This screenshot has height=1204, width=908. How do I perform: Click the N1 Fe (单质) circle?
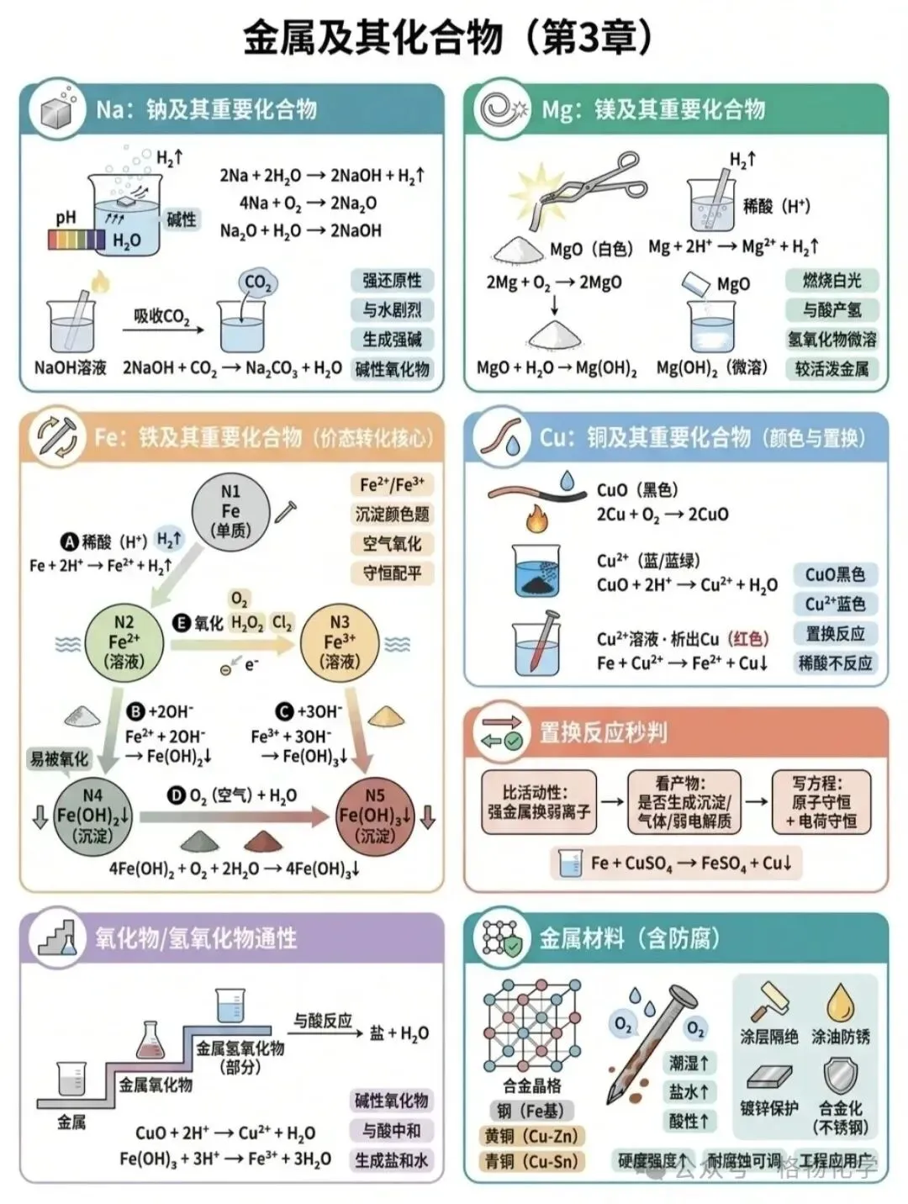[x=230, y=511]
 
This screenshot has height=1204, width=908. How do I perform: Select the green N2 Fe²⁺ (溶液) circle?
[x=124, y=642]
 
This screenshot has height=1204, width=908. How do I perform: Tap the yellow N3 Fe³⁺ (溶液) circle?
[x=339, y=642]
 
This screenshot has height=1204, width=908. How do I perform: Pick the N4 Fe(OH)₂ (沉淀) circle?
[x=92, y=815]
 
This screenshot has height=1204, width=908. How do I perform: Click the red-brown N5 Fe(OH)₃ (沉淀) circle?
[x=375, y=815]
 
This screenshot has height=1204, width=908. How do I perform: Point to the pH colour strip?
[x=77, y=240]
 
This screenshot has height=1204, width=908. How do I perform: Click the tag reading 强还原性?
[x=392, y=280]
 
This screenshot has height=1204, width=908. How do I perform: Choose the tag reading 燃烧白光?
[x=831, y=280]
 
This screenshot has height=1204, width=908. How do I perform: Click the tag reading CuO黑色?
[x=835, y=574]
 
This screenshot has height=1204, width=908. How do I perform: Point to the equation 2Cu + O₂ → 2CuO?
[x=663, y=514]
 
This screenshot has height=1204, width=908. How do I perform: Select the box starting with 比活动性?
[x=538, y=802]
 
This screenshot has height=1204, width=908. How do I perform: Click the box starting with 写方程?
[x=821, y=802]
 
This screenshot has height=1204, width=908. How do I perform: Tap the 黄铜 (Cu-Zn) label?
[x=531, y=1136]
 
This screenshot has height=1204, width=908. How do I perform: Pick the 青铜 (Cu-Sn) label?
[x=531, y=1161]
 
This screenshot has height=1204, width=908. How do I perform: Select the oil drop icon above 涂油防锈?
[x=839, y=1001]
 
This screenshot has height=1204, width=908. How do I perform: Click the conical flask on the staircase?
[x=150, y=1039]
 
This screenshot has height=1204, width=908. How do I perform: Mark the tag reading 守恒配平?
[x=392, y=573]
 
